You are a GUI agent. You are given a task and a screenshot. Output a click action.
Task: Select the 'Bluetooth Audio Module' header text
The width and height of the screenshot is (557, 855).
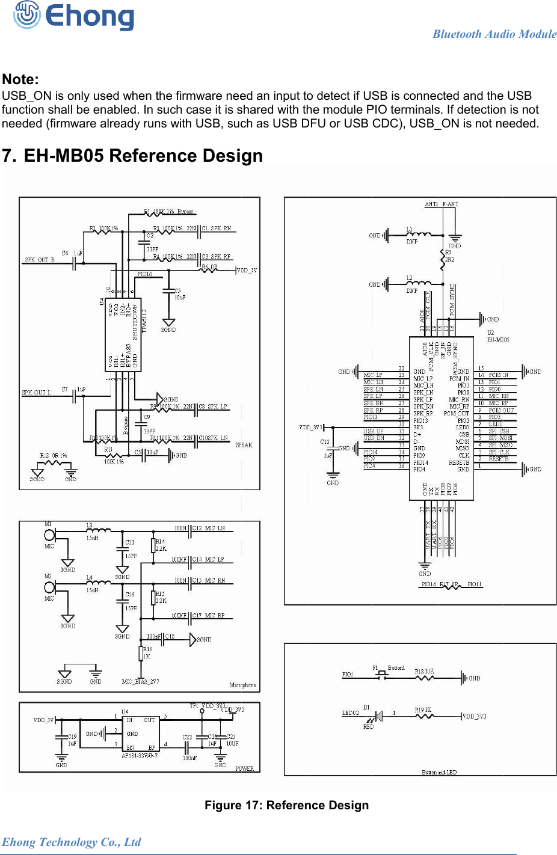(494, 34)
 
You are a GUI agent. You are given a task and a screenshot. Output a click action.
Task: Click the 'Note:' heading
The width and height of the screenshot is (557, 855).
(20, 79)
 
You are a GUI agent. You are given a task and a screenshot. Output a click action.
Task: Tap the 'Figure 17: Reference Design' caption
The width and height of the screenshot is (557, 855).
(286, 805)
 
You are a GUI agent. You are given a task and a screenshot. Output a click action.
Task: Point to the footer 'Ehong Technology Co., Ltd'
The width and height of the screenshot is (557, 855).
(71, 842)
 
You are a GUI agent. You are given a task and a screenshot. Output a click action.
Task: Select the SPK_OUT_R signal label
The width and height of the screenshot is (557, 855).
(40, 260)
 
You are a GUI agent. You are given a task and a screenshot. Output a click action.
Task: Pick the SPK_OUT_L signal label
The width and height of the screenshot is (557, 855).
(37, 393)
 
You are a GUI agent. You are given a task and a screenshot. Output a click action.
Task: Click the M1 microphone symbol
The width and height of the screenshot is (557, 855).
(49, 535)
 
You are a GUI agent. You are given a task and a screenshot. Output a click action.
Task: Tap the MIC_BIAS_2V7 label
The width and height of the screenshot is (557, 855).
(140, 682)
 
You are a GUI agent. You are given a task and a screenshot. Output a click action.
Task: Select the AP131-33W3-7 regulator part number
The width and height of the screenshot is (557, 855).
(140, 756)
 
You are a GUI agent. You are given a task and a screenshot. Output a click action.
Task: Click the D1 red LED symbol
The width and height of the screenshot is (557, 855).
(378, 716)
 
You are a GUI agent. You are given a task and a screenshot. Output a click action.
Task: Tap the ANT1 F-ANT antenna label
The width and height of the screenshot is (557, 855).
(442, 204)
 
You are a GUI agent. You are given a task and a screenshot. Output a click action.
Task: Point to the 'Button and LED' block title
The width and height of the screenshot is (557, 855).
(439, 772)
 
